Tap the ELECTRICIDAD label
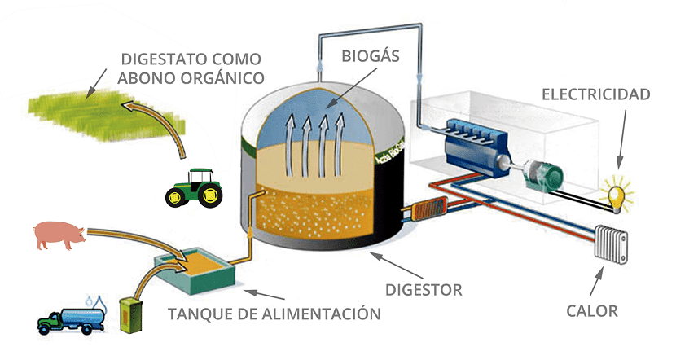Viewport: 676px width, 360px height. click(596, 94)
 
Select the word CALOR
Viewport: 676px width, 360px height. click(592, 310)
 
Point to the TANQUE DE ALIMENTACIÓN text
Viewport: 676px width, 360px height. click(274, 314)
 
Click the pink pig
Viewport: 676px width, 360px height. click(59, 235)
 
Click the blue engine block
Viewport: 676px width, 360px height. click(467, 147)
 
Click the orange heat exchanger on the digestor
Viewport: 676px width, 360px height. click(424, 212)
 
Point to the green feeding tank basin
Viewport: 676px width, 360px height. click(195, 275)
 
